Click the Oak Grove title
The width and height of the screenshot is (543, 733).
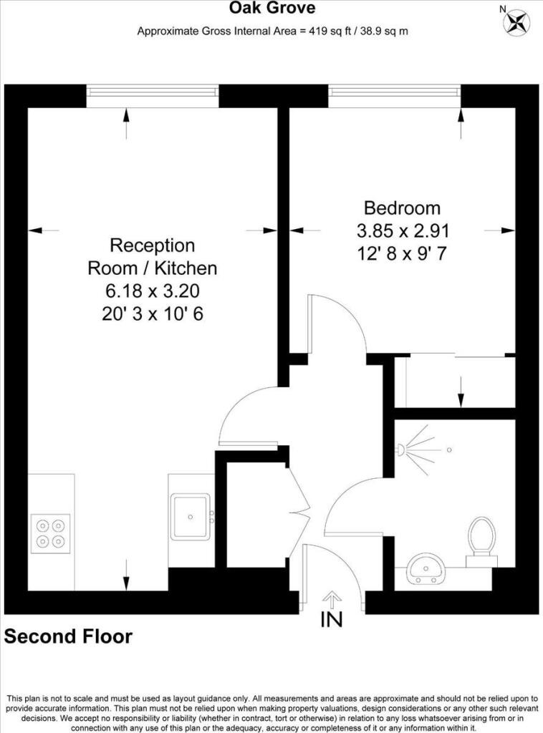[x=271, y=9]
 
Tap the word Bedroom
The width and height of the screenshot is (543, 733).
[x=402, y=208]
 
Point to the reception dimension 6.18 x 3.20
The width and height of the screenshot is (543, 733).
[x=152, y=291]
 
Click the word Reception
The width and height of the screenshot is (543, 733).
[x=152, y=246]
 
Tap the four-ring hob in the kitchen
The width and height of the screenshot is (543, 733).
[x=51, y=534]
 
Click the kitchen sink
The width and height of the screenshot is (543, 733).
[x=191, y=515]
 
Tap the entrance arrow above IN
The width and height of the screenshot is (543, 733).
[x=332, y=598]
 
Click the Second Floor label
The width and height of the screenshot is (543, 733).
[x=69, y=636]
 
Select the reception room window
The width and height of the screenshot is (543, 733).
[x=152, y=96]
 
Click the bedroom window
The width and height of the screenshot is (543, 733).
[x=394, y=96]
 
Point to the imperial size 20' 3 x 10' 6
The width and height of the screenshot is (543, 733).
[x=152, y=314]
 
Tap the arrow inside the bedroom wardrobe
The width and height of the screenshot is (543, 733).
[x=461, y=391]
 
